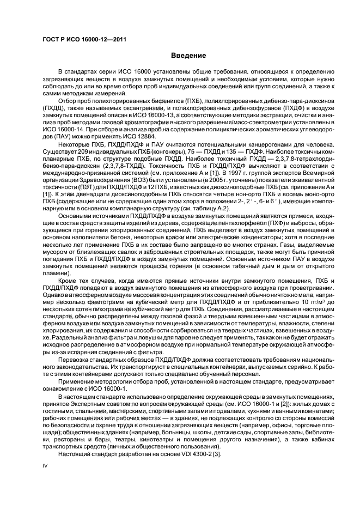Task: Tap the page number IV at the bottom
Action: tap(46, 466)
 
